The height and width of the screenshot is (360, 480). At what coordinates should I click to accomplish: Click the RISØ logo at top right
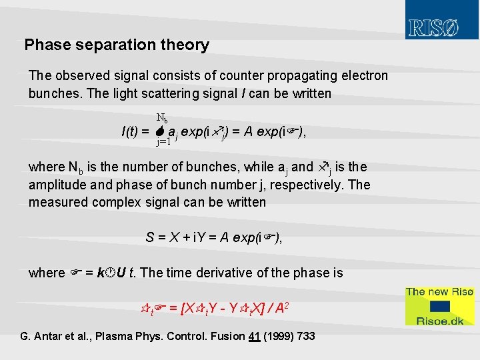tap(433, 28)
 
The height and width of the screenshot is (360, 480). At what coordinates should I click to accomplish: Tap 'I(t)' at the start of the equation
tap(131, 131)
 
